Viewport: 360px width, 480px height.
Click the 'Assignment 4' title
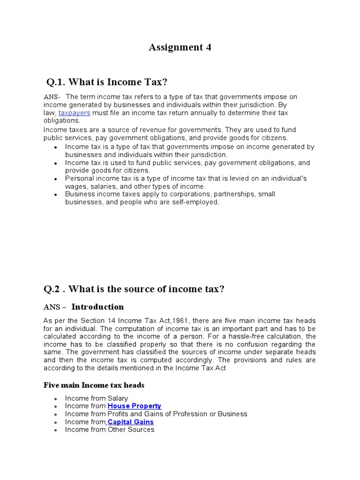tap(180, 47)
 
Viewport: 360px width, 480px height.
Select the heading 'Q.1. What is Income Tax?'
tap(106, 82)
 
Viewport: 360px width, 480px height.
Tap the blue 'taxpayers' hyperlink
tap(74, 113)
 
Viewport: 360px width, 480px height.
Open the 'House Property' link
tap(134, 406)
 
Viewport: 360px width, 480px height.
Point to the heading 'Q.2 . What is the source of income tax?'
tap(134, 289)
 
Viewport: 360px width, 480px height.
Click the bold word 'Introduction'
tap(97, 307)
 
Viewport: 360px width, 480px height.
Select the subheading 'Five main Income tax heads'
tap(94, 385)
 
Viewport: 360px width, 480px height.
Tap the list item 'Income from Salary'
tap(97, 398)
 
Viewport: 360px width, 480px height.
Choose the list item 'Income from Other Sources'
tap(110, 429)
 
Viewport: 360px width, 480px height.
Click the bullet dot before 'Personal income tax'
tap(55, 180)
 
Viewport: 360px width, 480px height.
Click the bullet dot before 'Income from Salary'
tap(55, 399)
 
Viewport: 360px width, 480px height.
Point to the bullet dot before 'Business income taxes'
tap(55, 195)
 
